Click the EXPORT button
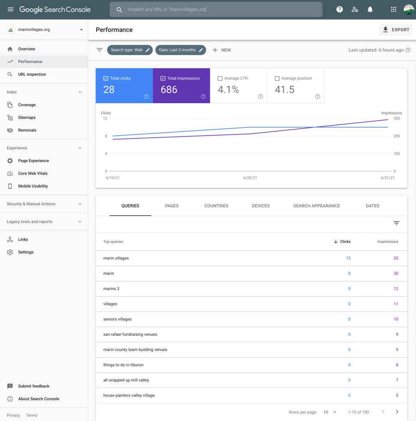point(396,29)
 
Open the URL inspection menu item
point(32,74)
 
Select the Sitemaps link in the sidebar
point(27,118)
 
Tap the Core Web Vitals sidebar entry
point(33,173)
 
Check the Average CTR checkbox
point(220,78)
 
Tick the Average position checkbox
point(277,78)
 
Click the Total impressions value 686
point(169,89)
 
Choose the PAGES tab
point(172,206)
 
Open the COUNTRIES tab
point(216,206)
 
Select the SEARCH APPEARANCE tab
point(316,206)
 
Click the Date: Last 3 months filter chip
point(180,50)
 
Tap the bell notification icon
point(370,10)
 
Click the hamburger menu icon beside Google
point(10,10)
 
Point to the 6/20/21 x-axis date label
point(250,178)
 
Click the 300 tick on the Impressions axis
point(396,118)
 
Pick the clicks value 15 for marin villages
point(348,258)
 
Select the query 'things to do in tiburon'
point(123,365)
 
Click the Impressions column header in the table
point(387,242)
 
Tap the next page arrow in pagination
point(397,412)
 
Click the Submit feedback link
point(34,386)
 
